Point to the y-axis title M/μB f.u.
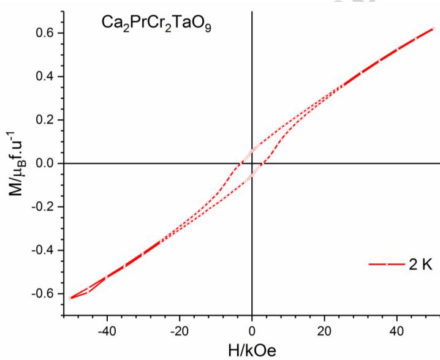click(13, 163)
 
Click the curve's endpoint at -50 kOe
click(71, 298)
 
